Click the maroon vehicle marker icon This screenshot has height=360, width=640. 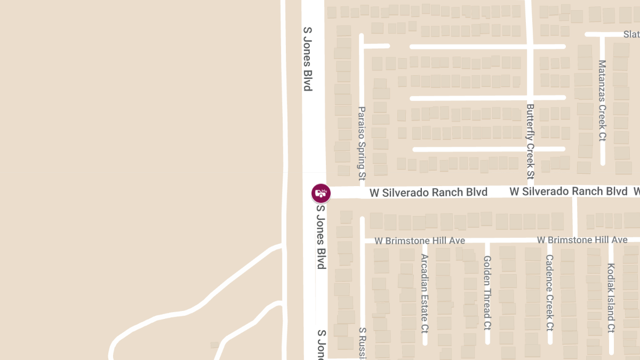pos(321,193)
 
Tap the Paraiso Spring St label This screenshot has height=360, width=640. pos(362,142)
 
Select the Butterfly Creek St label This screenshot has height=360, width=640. pos(530,141)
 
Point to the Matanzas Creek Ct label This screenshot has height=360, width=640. pos(602,100)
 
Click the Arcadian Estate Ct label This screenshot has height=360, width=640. pos(425,292)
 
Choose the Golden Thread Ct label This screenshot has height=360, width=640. pos(487,293)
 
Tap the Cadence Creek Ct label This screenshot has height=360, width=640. pos(549,292)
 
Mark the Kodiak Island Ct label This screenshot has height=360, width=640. pos(611,298)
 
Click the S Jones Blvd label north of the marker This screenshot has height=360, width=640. pos(307,59)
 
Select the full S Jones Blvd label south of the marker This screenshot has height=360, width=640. pos(321,237)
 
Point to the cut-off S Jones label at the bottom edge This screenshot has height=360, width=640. pos(322,344)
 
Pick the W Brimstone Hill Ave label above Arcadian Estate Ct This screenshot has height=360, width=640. pos(420,241)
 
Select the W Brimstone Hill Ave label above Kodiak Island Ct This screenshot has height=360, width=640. pos(582,240)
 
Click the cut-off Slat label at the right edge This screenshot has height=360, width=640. pos(631,34)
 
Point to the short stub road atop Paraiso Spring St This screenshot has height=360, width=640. pos(376,46)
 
